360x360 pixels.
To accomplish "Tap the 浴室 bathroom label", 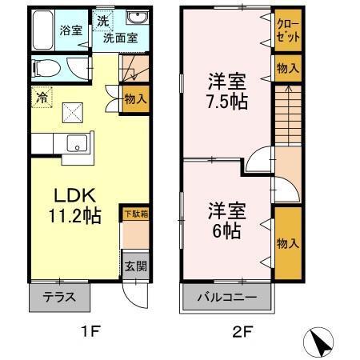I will click(70, 30).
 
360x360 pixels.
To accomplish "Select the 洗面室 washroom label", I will click(122, 37).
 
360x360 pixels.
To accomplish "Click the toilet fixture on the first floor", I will click(48, 68).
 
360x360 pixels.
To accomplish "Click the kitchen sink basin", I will click(78, 145).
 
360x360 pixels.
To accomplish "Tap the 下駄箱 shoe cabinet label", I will click(136, 214).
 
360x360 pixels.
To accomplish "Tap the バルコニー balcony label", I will click(228, 298).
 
